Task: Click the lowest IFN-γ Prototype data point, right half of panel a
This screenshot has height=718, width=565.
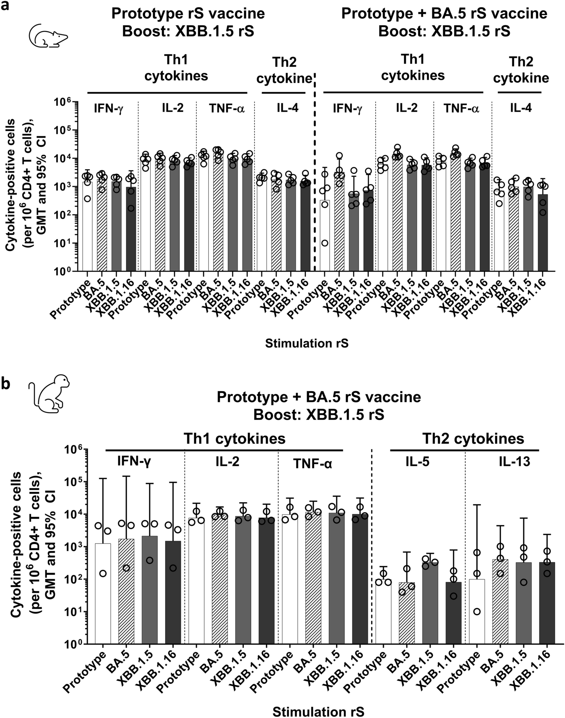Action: pos(325,243)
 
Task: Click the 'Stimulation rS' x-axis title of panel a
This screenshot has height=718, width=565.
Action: pos(307,343)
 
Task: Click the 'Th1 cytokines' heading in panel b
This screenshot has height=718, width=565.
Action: pos(234,439)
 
